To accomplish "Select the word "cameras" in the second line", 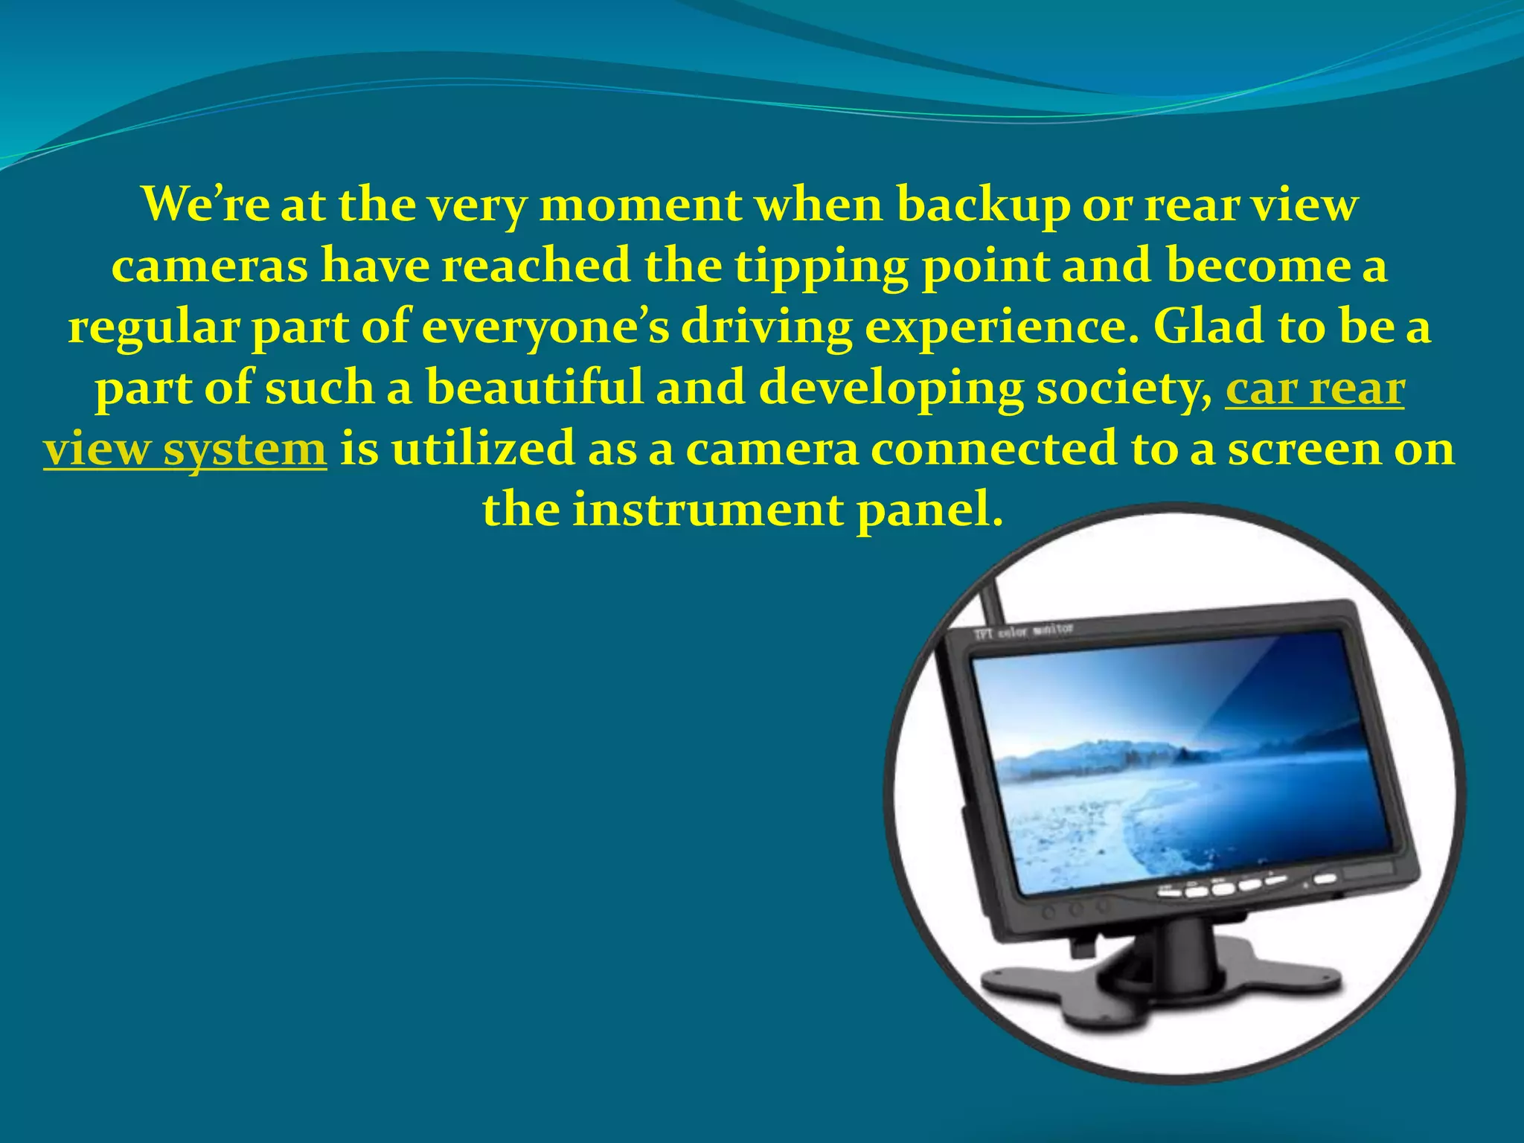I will click(209, 266).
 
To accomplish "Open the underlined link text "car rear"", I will click(1314, 389).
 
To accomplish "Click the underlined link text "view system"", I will click(185, 450).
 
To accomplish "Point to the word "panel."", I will click(929, 510).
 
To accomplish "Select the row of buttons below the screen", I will click(1228, 886).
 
